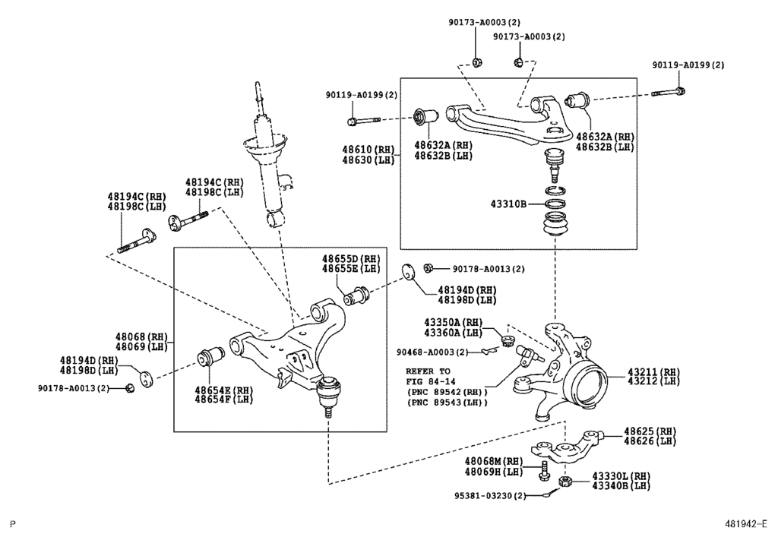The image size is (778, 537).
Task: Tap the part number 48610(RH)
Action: pos(368,150)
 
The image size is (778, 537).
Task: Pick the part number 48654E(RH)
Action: pos(223,390)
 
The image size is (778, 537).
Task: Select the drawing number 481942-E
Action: pos(746,524)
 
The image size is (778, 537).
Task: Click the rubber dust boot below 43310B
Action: pos(556,227)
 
